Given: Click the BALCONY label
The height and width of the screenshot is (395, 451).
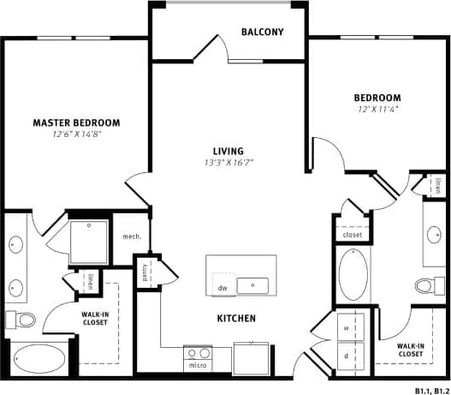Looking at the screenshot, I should pos(262,33).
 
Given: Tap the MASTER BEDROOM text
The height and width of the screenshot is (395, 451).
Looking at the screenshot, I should pos(76,123).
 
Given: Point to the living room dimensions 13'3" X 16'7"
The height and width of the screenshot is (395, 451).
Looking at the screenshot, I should pos(228,162).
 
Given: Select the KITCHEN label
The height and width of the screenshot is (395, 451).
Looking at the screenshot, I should pos(236,319).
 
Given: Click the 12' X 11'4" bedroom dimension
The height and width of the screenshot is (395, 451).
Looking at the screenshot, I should pos(379,110).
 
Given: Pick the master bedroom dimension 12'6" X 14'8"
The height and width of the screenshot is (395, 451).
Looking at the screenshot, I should pos(76,135).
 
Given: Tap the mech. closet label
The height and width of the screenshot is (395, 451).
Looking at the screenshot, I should pos(131,236).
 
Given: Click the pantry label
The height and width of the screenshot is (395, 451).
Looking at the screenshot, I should pos(145,272).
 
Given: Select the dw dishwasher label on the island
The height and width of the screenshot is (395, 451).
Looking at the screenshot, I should pos(223,289).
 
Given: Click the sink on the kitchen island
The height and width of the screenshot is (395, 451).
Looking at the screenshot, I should pos(252,285).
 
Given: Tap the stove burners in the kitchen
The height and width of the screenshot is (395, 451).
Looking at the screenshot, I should pos(199,352).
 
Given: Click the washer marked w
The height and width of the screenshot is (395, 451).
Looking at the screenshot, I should pos(347,328).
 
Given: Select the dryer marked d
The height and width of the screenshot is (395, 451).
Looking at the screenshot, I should pos(347,355).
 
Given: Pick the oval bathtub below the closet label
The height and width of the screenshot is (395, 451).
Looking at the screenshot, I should pos(353,274).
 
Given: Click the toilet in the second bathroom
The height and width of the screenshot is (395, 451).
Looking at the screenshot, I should pos(424,284).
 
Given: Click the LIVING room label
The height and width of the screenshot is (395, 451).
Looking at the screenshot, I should pos(228,150).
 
